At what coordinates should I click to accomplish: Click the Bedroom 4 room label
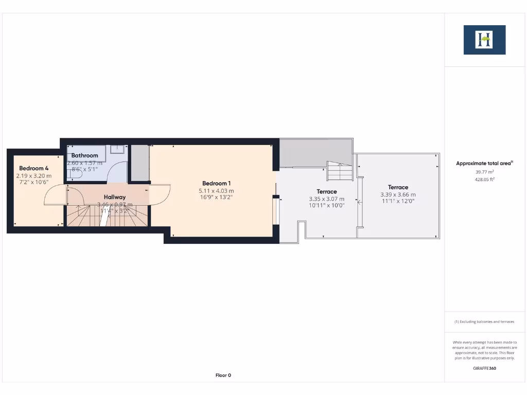coord(34,168)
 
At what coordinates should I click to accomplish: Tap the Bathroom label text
coord(84,155)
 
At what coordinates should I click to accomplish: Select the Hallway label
coord(114,197)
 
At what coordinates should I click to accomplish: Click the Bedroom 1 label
coord(216,184)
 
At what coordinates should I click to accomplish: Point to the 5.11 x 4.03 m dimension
coord(216,191)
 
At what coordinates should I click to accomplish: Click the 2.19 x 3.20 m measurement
coord(34,175)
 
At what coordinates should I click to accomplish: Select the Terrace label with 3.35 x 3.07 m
coord(326,192)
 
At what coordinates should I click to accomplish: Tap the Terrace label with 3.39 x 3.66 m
coord(398,188)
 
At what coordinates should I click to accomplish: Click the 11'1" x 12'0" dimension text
coord(398,202)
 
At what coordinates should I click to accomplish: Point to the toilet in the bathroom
coord(74,174)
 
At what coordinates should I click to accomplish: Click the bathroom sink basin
coord(118,149)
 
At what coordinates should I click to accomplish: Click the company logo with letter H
coord(484,40)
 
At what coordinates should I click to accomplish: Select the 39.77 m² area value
coord(484,172)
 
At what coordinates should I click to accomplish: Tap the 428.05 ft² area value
coord(484,179)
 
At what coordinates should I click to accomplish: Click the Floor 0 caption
coord(223,375)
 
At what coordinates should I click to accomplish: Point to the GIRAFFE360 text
coord(484,368)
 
